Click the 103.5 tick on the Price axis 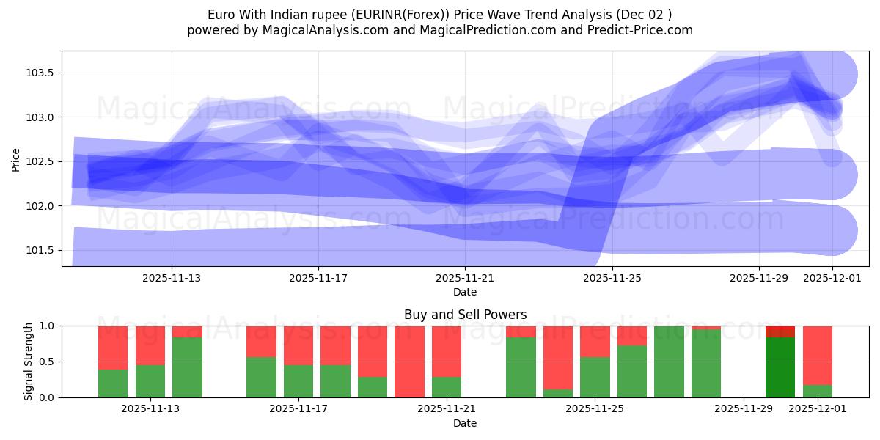click(x=41, y=73)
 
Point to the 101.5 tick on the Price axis click(x=41, y=251)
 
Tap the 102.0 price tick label click(x=41, y=206)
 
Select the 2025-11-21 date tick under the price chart click(x=465, y=279)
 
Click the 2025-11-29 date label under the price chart click(x=758, y=279)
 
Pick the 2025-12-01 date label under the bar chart click(x=818, y=409)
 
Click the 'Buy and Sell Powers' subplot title click(x=465, y=315)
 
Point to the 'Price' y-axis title click(x=16, y=159)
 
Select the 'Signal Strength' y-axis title click(x=29, y=362)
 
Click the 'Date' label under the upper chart click(x=465, y=292)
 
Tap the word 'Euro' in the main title click(x=221, y=15)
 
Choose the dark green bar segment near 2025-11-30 click(x=780, y=367)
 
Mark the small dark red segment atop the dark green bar click(x=780, y=331)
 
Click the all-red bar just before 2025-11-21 click(x=409, y=362)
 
